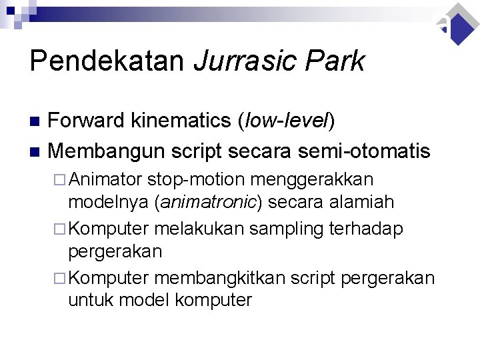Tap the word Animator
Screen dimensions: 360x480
107,179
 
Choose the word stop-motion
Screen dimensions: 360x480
187,179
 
